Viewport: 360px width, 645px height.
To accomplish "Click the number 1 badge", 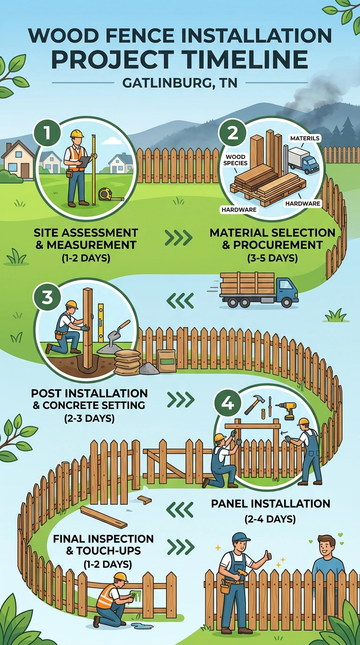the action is click(47, 134).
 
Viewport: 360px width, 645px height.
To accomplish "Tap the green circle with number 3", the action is click(47, 297).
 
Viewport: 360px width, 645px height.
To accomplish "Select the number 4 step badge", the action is click(227, 404).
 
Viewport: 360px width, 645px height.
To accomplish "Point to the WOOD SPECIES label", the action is click(235, 160).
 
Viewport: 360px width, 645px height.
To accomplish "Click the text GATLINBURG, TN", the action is click(180, 83).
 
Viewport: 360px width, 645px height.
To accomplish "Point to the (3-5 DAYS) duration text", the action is click(272, 258).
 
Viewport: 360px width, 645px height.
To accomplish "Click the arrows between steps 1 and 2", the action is click(179, 238).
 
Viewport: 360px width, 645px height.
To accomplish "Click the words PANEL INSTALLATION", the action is click(270, 503).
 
